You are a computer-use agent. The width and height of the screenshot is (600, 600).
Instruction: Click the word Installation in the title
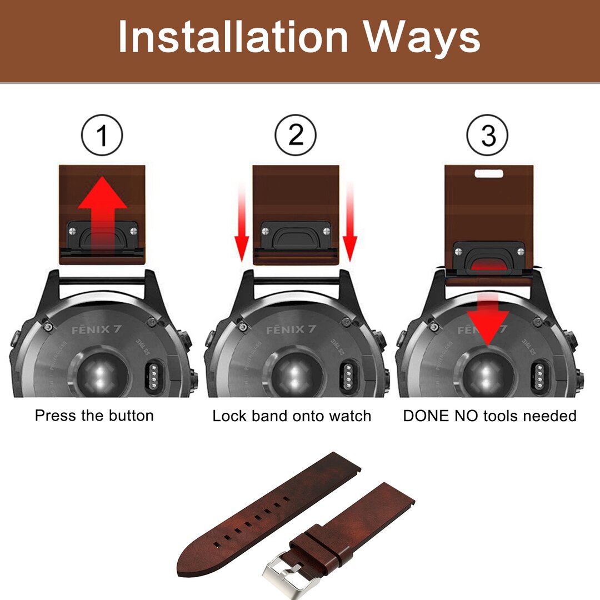[233, 37]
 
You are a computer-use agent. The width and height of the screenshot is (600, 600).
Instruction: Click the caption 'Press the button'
[94, 416]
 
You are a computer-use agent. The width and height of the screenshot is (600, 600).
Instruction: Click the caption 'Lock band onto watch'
[292, 416]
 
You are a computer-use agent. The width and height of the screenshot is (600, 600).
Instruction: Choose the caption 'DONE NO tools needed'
[489, 416]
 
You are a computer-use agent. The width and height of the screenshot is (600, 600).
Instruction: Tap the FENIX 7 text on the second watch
[291, 329]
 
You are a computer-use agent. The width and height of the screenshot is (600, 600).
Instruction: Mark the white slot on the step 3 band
[488, 173]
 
